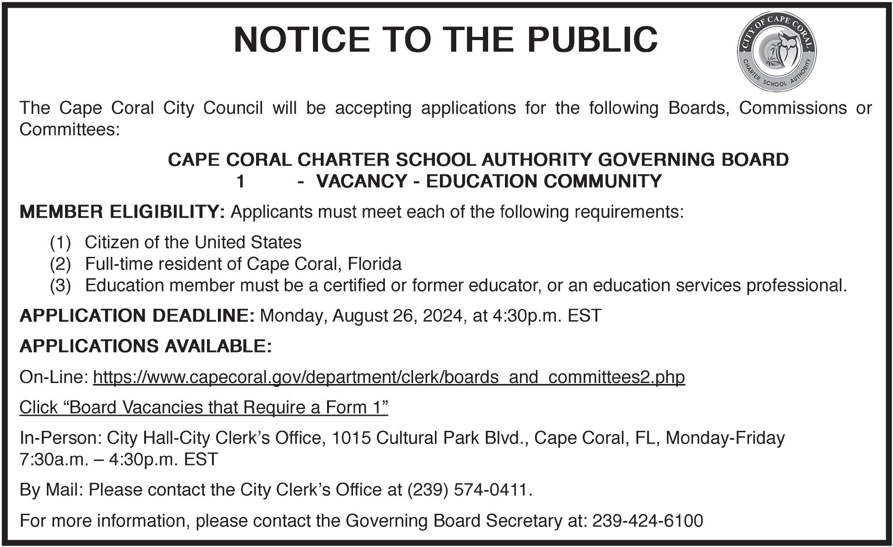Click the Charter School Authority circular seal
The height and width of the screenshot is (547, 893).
point(776,51)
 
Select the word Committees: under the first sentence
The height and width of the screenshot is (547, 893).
point(70,130)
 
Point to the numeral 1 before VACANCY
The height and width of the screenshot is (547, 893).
point(241,182)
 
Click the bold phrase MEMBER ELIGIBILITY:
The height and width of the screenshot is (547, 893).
point(122,212)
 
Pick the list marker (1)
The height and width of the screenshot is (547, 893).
point(61,243)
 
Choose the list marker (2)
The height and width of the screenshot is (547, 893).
point(61,264)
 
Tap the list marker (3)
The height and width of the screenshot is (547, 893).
point(61,286)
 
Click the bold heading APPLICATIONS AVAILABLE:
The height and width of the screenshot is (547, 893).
point(146,346)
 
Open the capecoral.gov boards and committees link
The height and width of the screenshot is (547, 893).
point(388,377)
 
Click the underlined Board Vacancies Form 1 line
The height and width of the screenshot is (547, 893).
point(203,407)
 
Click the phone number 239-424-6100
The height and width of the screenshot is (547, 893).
point(647,521)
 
